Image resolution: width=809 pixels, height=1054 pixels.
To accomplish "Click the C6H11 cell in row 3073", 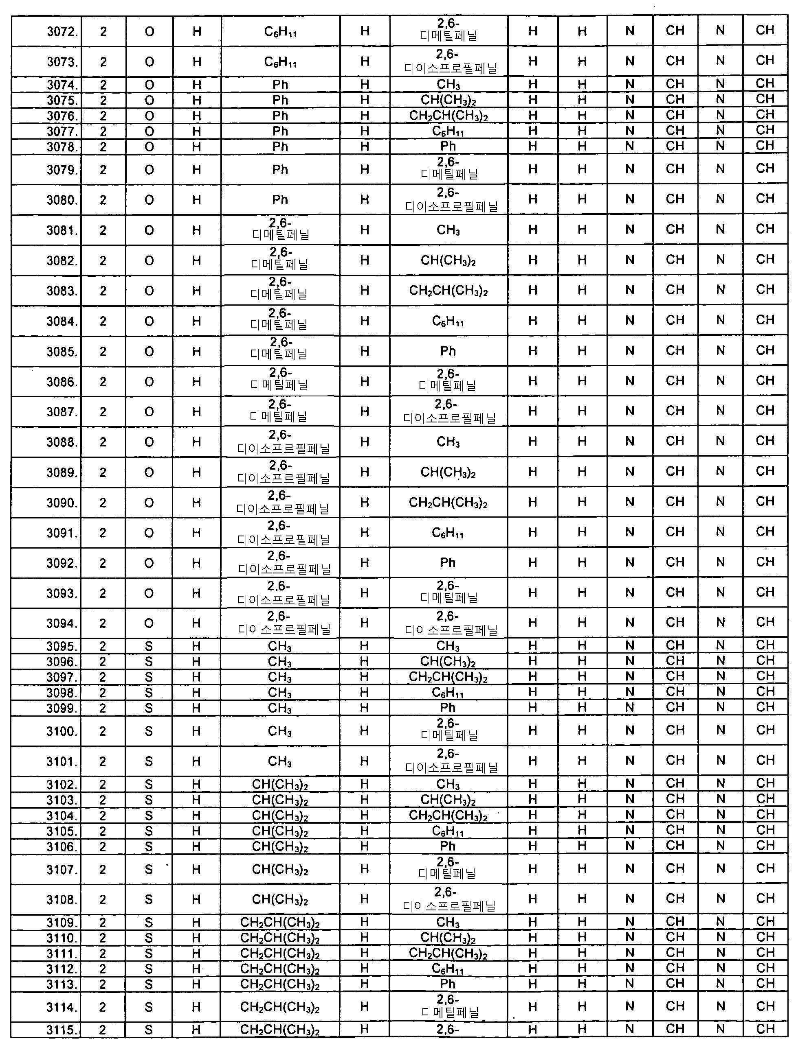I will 280,62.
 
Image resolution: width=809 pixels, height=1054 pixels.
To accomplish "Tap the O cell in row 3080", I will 149,200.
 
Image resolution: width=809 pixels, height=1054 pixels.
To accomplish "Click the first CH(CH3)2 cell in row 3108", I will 280,900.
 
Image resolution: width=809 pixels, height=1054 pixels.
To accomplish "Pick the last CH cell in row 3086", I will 765,381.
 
